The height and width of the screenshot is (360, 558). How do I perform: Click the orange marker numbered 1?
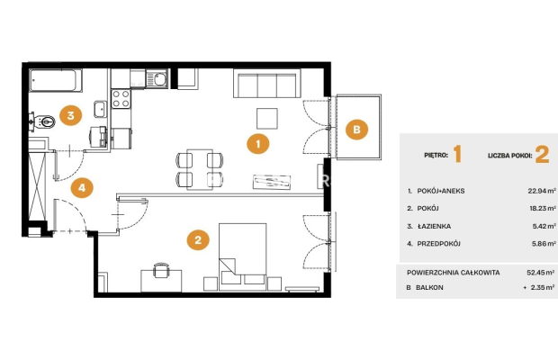coord(258,144)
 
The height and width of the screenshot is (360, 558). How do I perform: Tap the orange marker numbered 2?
coord(198,239)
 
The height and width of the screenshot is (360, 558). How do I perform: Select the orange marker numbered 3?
coord(70,115)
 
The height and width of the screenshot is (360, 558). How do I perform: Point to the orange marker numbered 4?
coord(82,187)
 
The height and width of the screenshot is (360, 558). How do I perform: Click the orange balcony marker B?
coord(356,129)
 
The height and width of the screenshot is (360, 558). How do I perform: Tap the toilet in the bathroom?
coord(42,122)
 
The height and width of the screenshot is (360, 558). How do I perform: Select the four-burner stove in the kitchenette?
coord(121,99)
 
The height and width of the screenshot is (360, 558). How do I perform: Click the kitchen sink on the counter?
coord(157,79)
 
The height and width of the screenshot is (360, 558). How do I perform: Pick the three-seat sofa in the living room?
coord(267,84)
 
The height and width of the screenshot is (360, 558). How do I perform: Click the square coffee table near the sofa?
coord(267,119)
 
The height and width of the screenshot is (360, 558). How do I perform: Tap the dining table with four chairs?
coord(200,170)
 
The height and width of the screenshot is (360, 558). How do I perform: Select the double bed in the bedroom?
coord(242,256)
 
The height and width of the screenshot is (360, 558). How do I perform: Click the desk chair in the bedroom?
coord(161,271)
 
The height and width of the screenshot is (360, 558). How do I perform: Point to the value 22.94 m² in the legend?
coord(542,191)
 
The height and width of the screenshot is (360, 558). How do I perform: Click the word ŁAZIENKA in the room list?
coord(434,226)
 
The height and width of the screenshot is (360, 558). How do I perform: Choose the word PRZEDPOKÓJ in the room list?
coord(439,244)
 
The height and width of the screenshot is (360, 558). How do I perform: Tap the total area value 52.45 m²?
coord(541,273)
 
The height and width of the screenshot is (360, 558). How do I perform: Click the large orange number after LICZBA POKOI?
coord(542,155)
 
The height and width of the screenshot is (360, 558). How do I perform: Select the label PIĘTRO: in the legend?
coord(436,156)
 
